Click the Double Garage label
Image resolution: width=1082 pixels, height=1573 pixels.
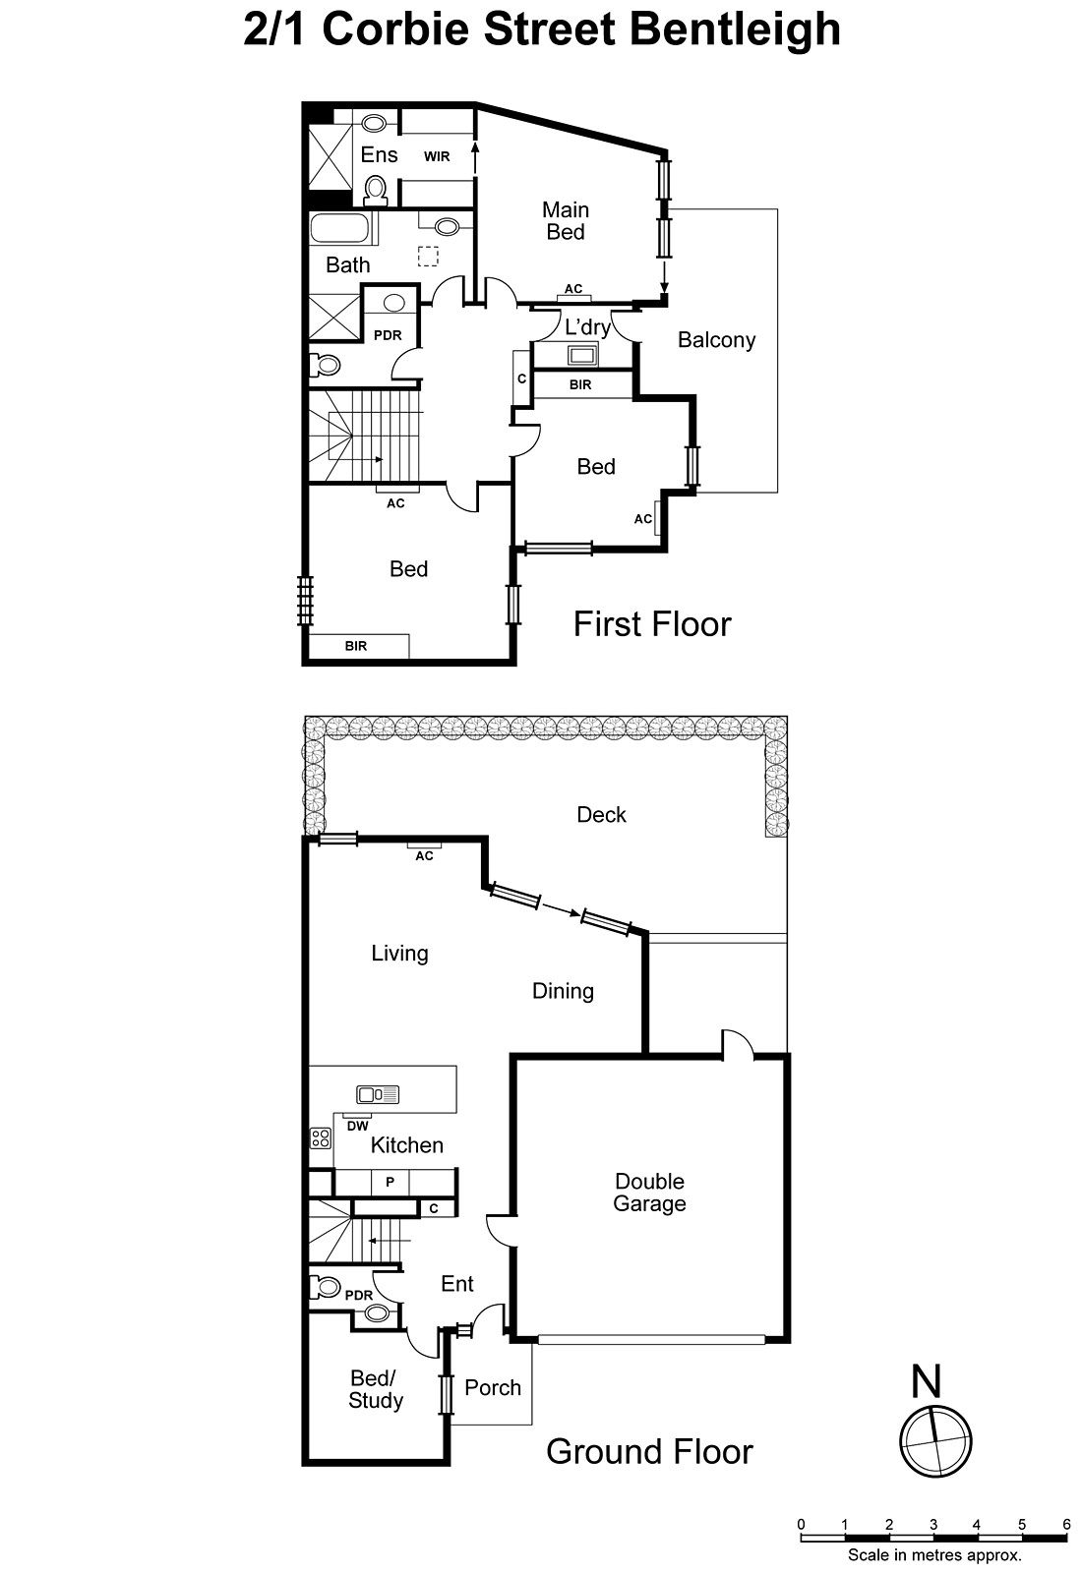(x=649, y=1193)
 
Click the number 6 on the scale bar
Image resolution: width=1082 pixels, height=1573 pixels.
(x=1066, y=1525)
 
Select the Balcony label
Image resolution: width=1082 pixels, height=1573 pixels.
(x=716, y=340)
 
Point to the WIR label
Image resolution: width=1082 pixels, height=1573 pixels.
(x=437, y=156)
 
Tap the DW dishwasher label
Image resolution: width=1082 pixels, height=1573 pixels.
(x=357, y=1126)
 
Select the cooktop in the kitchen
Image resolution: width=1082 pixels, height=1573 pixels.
(x=321, y=1138)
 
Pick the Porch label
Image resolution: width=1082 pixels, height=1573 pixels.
(x=493, y=1387)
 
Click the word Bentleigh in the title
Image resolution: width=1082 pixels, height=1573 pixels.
(x=735, y=29)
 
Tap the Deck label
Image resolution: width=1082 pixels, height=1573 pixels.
(x=601, y=814)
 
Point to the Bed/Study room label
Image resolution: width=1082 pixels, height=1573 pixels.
(x=375, y=1390)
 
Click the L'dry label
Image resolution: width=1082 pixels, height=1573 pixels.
(x=586, y=327)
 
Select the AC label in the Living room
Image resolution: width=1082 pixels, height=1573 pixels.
(x=424, y=856)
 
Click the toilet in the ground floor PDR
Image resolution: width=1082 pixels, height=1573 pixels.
(x=324, y=1287)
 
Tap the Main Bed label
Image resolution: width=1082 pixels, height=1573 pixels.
(x=566, y=220)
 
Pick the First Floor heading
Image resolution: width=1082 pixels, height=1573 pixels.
(x=652, y=624)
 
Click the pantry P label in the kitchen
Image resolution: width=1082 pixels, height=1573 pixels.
(x=391, y=1182)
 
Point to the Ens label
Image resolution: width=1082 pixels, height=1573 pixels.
(x=379, y=154)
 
